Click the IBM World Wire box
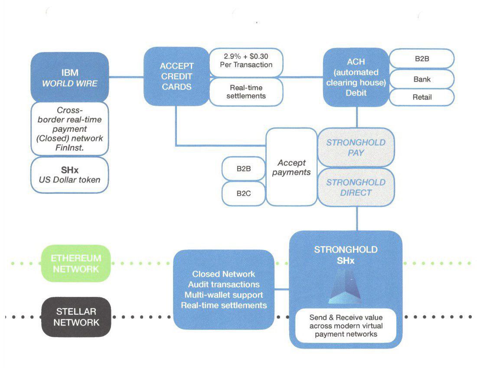click(70, 77)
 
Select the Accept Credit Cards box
click(176, 76)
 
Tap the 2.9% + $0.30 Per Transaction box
click(246, 62)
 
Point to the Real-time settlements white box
click(246, 92)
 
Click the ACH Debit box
click(356, 77)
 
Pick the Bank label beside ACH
click(422, 79)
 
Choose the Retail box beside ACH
click(422, 98)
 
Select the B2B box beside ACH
click(422, 59)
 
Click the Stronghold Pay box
click(356, 147)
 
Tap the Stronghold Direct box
click(356, 187)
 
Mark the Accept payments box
click(291, 167)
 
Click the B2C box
click(244, 193)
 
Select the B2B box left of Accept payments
click(244, 169)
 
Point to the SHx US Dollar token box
click(70, 175)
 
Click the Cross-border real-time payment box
click(70, 129)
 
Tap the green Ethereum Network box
click(76, 264)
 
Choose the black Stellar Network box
click(76, 317)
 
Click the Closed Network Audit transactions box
click(224, 290)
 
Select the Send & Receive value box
click(346, 326)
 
